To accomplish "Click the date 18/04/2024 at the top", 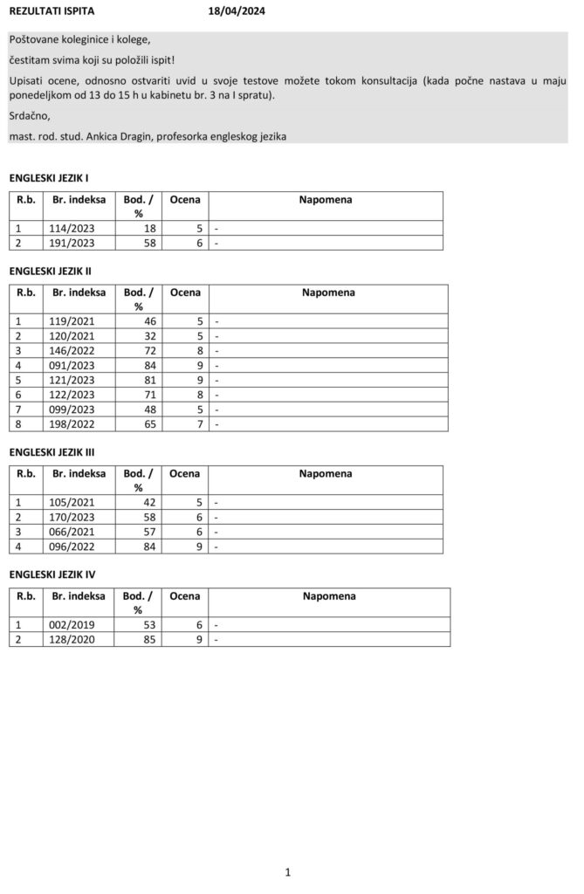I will [x=237, y=11].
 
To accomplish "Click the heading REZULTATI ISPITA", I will [x=52, y=11].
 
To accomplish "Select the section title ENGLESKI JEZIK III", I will [x=52, y=452].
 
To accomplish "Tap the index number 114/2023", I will [x=72, y=228].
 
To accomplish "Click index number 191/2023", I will [x=72, y=243].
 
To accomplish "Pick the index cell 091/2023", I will [x=72, y=365].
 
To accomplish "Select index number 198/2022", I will [x=72, y=424].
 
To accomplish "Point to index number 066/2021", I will [x=72, y=532].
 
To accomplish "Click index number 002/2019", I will [x=72, y=624].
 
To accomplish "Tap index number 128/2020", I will [x=72, y=639].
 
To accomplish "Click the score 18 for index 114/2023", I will [x=150, y=228].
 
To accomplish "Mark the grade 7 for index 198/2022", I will [x=200, y=424].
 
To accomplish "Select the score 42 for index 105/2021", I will [x=150, y=502].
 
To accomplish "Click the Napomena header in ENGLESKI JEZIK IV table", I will [x=329, y=596].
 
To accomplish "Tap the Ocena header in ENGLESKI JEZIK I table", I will [x=184, y=200].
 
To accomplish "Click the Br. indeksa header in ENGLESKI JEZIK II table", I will [x=79, y=292].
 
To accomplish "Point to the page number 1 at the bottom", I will [x=287, y=871].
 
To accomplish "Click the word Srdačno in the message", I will [x=30, y=115].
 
